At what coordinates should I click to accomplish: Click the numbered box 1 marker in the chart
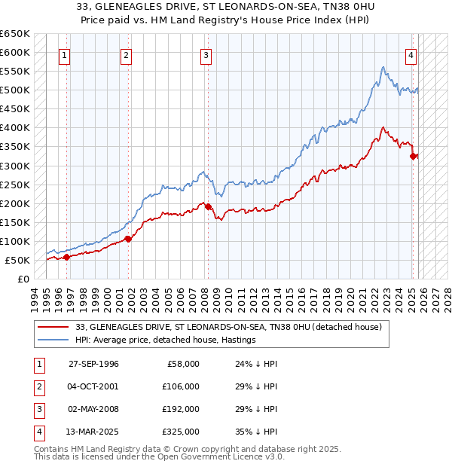[65, 55]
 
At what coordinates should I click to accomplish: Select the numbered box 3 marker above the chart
[206, 55]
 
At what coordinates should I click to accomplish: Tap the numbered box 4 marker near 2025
[411, 55]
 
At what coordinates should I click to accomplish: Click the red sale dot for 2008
[208, 206]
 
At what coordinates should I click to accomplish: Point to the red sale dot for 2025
[413, 156]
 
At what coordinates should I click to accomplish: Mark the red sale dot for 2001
[128, 239]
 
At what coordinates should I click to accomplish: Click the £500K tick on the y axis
[15, 90]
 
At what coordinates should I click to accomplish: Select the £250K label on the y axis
[15, 185]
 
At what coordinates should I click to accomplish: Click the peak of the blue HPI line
[383, 68]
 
